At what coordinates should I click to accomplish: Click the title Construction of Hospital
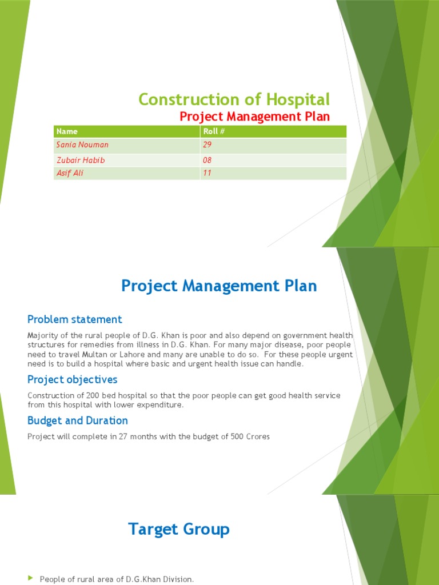pyautogui.click(x=234, y=100)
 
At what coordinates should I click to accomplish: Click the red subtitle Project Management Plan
pyautogui.click(x=255, y=117)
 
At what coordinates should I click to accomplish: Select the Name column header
pyautogui.click(x=67, y=131)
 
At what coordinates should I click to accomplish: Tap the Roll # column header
pyautogui.click(x=213, y=131)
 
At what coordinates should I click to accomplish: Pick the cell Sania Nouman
pyautogui.click(x=82, y=145)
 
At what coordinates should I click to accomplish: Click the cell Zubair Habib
pyautogui.click(x=80, y=161)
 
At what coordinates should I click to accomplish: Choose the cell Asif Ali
pyautogui.click(x=70, y=173)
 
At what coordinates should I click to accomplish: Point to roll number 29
pyautogui.click(x=207, y=145)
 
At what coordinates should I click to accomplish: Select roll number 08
pyautogui.click(x=207, y=161)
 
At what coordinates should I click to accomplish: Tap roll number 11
pyautogui.click(x=207, y=173)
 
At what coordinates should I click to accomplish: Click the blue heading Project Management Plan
pyautogui.click(x=219, y=286)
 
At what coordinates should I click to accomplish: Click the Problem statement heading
pyautogui.click(x=75, y=319)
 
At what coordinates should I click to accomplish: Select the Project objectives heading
pyautogui.click(x=73, y=379)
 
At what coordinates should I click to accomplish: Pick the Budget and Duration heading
pyautogui.click(x=78, y=420)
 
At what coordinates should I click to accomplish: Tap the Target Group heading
pyautogui.click(x=179, y=529)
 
